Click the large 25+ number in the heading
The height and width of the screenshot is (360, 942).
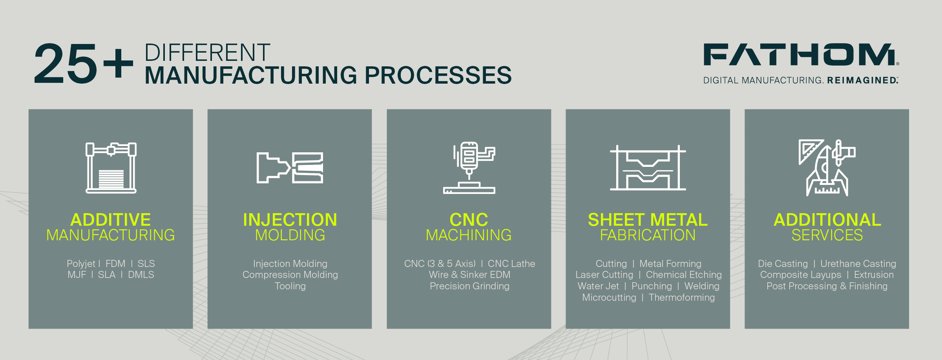[x=84, y=64]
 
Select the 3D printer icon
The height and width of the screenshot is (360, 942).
[x=111, y=168]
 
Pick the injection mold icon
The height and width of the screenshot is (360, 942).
[x=290, y=168]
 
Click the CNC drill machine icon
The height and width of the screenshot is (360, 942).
[x=469, y=168]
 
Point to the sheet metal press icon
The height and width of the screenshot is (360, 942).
[x=648, y=168]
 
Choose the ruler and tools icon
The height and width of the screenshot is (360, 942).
[x=827, y=168]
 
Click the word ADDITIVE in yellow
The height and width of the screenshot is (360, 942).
[x=111, y=219]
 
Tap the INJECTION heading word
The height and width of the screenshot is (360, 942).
[x=290, y=219]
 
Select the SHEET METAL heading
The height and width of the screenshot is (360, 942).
[x=648, y=219]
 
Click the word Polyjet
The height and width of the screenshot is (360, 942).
[x=81, y=264]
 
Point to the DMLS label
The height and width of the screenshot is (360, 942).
[x=141, y=275]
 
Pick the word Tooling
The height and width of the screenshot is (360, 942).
[x=290, y=286]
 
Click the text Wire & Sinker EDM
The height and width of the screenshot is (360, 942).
[x=469, y=275]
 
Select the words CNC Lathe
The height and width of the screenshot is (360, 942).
[x=511, y=263]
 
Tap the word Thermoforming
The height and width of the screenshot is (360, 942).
[x=682, y=298]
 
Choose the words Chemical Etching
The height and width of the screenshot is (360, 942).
[x=684, y=275]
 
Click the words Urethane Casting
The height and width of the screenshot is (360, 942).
[x=858, y=264]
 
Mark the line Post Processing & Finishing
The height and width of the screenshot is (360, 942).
[x=827, y=286]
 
